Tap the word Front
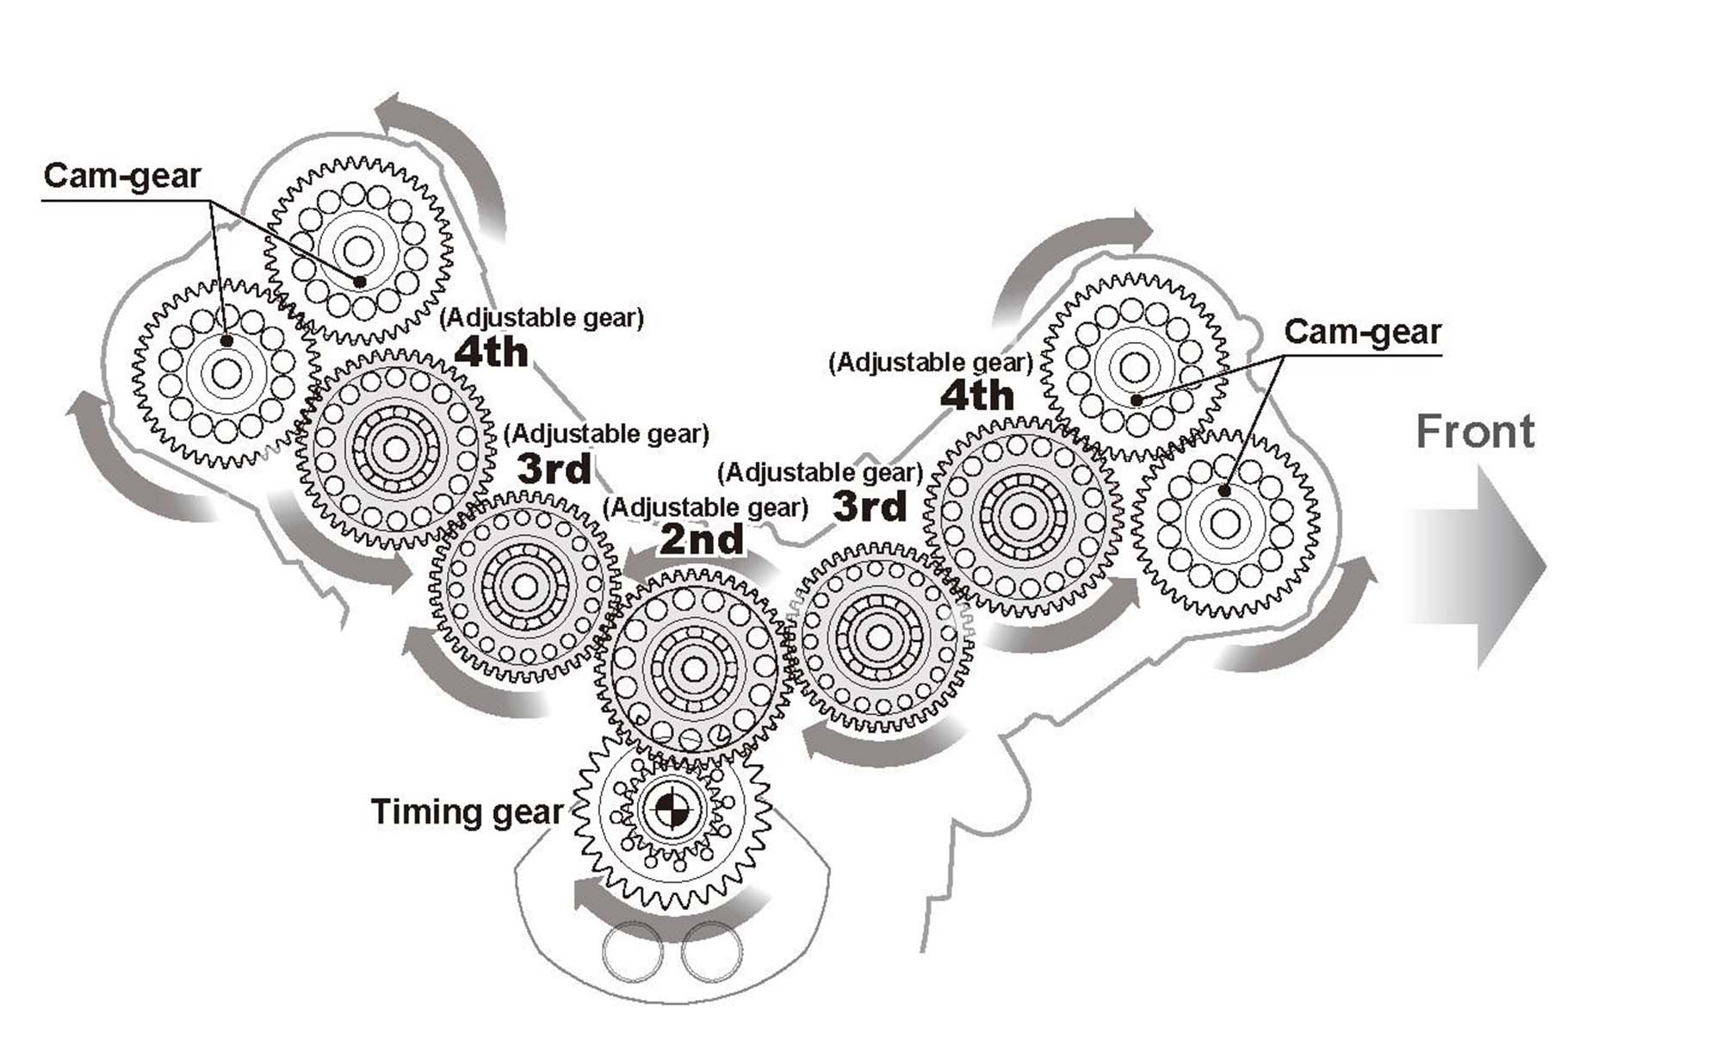1475,432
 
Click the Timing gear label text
467,812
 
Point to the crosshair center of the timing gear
670,809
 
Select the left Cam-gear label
121,176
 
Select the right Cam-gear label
1362,332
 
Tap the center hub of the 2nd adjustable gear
693,669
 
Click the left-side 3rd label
554,470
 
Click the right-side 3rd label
870,507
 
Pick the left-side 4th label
491,352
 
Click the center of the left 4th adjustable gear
395,449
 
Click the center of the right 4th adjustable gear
1023,517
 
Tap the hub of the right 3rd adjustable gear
878,638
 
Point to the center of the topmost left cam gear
358,252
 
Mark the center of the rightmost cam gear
1224,523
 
